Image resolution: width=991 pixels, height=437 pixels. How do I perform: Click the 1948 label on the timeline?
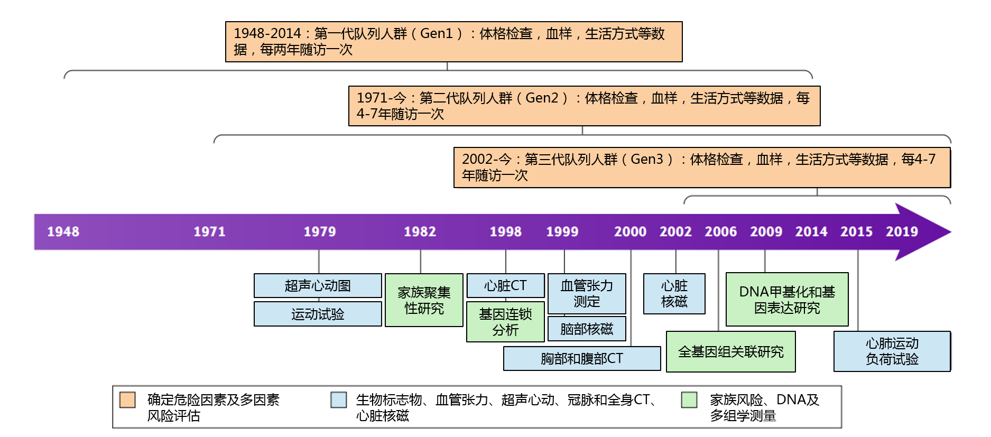pyautogui.click(x=63, y=231)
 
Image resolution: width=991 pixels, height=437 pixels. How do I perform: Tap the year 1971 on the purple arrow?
pyautogui.click(x=209, y=231)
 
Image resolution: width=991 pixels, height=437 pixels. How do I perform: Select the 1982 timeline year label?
pyautogui.click(x=420, y=231)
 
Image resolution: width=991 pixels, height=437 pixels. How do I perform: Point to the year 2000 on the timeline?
pyautogui.click(x=630, y=231)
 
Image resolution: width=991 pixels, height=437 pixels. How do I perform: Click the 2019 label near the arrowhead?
pyautogui.click(x=902, y=231)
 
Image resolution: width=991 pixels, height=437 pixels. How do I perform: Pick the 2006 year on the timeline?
pyautogui.click(x=720, y=231)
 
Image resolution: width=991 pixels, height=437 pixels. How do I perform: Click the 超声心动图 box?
pyautogui.click(x=318, y=285)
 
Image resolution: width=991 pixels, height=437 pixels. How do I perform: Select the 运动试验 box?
pyautogui.click(x=318, y=314)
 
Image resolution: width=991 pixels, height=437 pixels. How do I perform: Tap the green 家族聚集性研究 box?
pyautogui.click(x=424, y=300)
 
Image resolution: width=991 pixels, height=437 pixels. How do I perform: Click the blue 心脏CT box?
pyautogui.click(x=505, y=285)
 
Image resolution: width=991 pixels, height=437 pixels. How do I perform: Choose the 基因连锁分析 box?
pyautogui.click(x=505, y=322)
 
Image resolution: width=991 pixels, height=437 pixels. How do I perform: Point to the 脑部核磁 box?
pyautogui.click(x=587, y=329)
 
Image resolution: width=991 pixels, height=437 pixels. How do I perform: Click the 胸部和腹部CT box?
pyautogui.click(x=582, y=358)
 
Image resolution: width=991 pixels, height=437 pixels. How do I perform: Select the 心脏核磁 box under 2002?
pyautogui.click(x=674, y=294)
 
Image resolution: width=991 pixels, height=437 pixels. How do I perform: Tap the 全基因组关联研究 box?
pyautogui.click(x=731, y=352)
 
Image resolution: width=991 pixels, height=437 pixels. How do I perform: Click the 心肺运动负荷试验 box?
pyautogui.click(x=892, y=351)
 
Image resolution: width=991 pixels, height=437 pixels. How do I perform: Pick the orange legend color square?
pyautogui.click(x=127, y=400)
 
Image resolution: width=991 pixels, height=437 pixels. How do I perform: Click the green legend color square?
pyautogui.click(x=689, y=400)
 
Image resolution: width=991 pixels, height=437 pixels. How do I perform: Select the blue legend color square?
pyautogui.click(x=339, y=400)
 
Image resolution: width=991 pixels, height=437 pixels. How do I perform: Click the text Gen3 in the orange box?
pyautogui.click(x=646, y=159)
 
